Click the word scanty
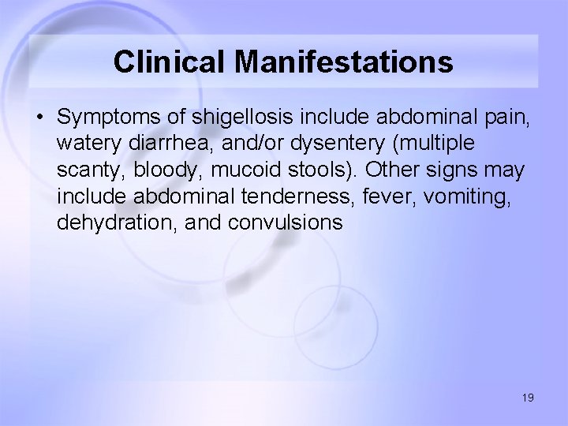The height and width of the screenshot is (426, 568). tap(85, 171)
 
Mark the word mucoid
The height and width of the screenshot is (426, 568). tap(230, 171)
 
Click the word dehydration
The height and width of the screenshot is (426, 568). tap(114, 223)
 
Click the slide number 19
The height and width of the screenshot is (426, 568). tap(527, 398)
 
